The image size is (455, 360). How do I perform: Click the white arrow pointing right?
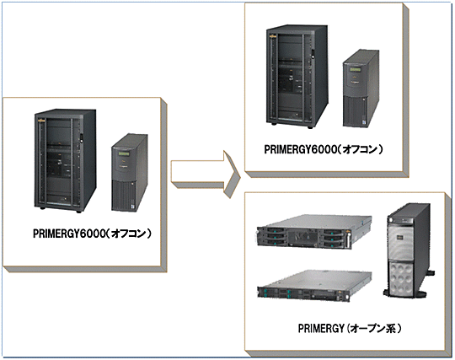coord(205,175)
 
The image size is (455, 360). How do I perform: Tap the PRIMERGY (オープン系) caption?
coord(350,328)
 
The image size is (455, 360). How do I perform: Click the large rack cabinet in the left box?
coord(65,160)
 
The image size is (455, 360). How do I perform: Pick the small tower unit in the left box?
coord(130,173)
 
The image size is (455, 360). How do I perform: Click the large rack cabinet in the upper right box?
coord(297,77)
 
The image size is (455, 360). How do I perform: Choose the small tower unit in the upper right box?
coord(361,89)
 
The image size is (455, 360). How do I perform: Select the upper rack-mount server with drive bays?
coord(314,231)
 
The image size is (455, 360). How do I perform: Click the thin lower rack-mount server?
coord(314,286)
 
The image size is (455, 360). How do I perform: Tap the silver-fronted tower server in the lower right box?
coord(409,250)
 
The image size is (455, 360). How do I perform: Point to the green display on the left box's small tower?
coord(124,153)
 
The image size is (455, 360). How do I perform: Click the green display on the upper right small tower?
coord(356,70)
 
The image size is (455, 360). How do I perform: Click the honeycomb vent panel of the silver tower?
coord(402,277)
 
